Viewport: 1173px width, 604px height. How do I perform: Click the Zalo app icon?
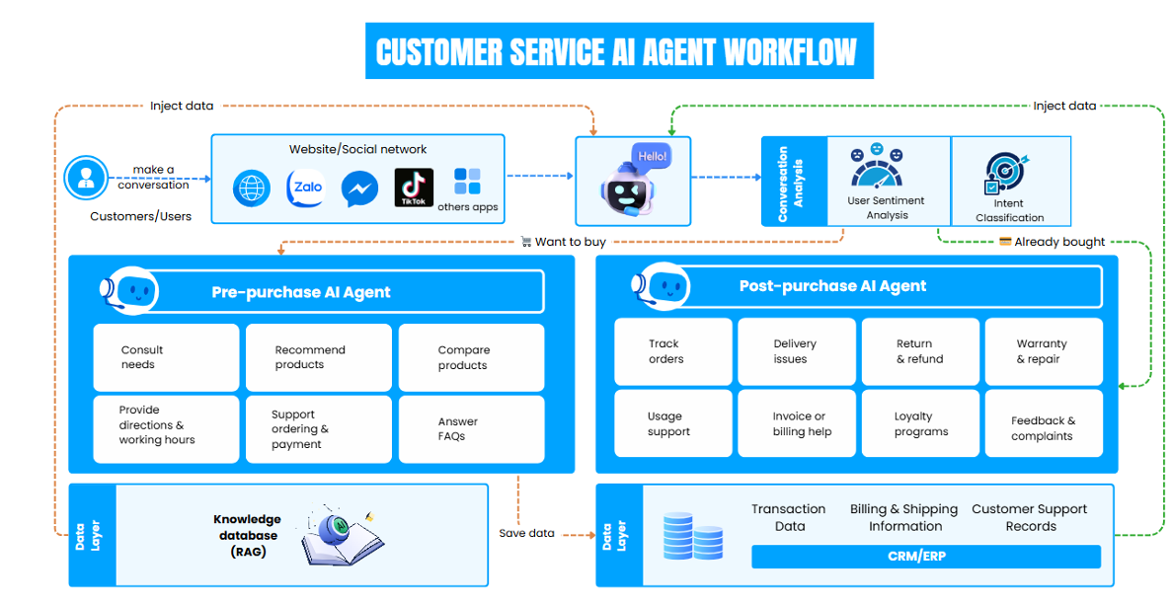point(305,188)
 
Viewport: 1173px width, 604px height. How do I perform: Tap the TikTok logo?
point(414,188)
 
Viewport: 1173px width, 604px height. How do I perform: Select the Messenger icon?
point(359,189)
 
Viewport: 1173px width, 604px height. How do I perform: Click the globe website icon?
point(252,189)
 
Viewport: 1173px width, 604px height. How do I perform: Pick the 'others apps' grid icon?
point(467,182)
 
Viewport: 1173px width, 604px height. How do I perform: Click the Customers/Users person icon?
point(86,179)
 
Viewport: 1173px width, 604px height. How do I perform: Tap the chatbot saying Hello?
point(633,182)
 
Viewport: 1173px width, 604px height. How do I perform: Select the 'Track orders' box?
point(672,351)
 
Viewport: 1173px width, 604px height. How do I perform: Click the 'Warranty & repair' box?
point(1043,351)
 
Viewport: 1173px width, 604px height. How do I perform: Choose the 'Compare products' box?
point(471,357)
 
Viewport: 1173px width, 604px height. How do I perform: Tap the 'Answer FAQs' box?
point(471,428)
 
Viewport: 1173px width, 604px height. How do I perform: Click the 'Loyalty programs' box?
point(920,423)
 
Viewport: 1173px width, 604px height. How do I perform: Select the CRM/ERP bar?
point(925,557)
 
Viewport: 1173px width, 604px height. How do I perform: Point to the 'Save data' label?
point(526,533)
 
